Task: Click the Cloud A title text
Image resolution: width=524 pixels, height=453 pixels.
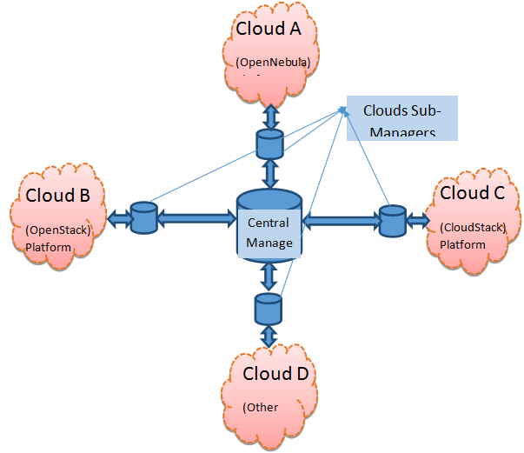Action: tap(268, 28)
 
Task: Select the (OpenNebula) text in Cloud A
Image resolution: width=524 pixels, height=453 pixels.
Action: tap(273, 62)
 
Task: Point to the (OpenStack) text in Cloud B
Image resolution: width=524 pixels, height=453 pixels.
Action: tap(58, 230)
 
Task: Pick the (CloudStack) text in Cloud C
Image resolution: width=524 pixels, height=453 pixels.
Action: tap(473, 228)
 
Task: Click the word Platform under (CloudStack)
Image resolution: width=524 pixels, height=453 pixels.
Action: tap(462, 244)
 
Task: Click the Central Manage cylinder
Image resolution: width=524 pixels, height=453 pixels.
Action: tap(269, 224)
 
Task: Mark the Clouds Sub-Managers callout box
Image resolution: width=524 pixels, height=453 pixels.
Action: tap(402, 118)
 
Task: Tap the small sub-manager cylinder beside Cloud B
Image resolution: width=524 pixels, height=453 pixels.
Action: tap(142, 217)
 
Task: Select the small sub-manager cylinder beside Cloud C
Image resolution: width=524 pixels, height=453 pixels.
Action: tap(392, 220)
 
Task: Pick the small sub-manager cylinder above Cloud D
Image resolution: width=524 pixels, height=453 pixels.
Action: tap(268, 309)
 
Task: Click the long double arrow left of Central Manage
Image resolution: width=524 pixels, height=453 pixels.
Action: tap(196, 218)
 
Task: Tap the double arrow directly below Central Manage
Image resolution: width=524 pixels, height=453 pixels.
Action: tap(269, 276)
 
